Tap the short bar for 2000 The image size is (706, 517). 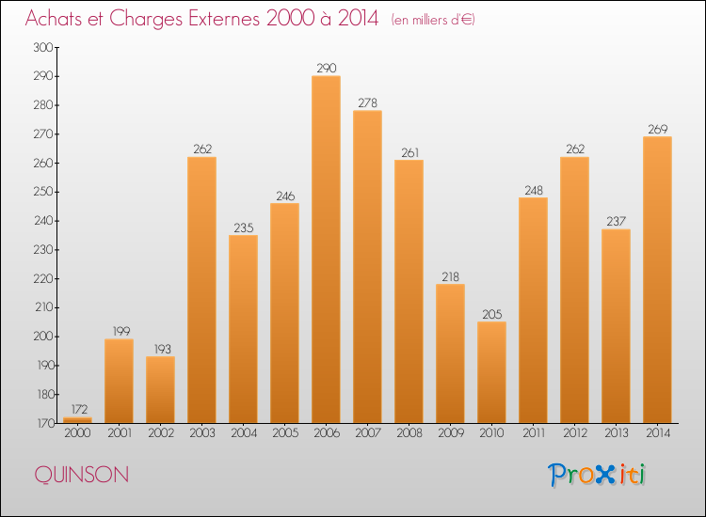click(x=77, y=420)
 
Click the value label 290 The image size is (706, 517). click(x=326, y=68)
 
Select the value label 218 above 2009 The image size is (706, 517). click(x=450, y=276)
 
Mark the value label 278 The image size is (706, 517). click(x=367, y=102)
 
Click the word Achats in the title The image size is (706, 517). click(x=57, y=19)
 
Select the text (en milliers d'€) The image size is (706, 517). click(x=434, y=20)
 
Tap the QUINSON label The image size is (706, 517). click(x=82, y=475)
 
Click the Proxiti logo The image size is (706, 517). click(x=598, y=475)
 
